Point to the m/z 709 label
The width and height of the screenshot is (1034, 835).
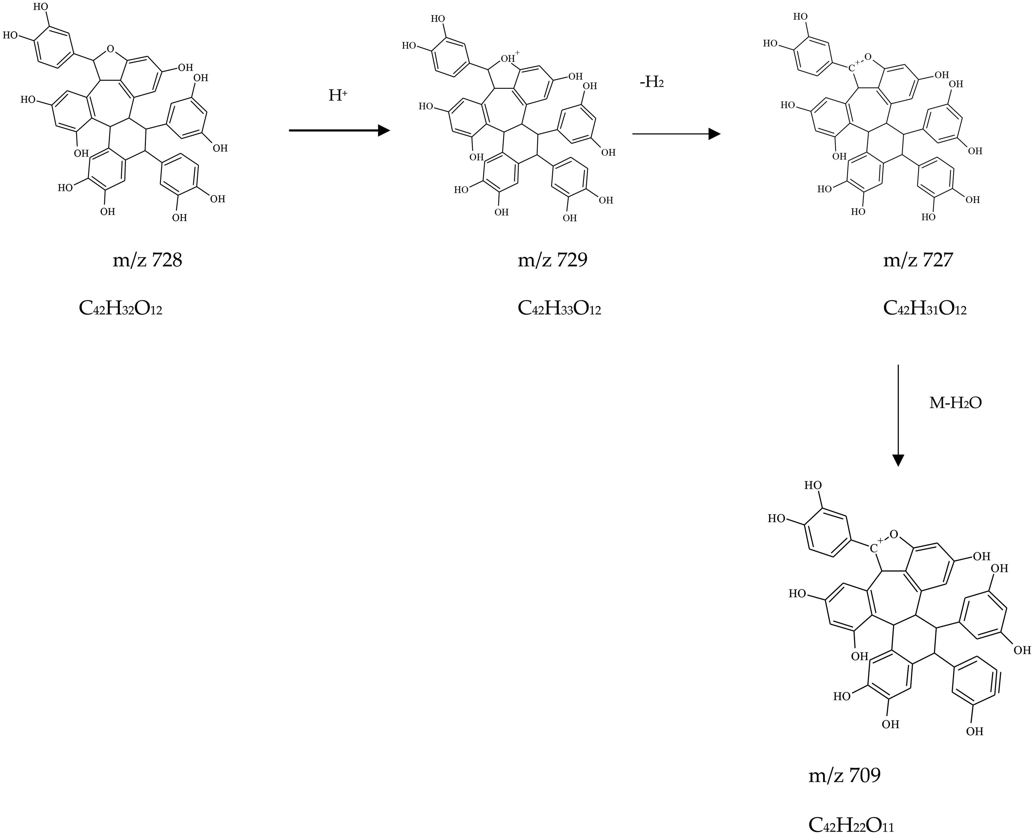(845, 775)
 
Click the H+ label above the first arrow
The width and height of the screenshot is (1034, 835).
(338, 95)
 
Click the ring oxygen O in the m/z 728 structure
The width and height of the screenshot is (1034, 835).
(111, 49)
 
